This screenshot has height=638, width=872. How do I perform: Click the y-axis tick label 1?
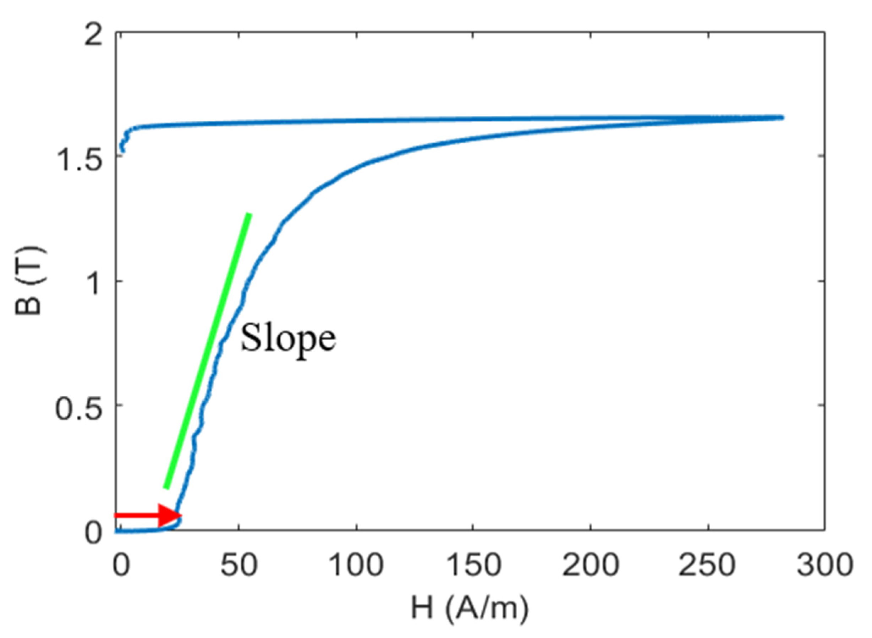(94, 281)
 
